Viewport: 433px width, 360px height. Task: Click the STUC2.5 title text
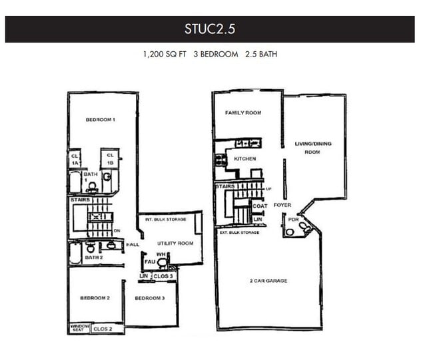click(x=210, y=29)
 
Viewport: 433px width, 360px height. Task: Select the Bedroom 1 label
click(x=101, y=120)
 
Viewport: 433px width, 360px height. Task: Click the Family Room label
click(x=242, y=113)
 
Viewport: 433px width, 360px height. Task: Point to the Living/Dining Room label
click(x=312, y=148)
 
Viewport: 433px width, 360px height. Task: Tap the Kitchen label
click(x=244, y=158)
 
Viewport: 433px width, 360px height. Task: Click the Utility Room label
click(x=176, y=244)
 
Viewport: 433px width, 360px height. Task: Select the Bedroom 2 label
click(x=95, y=298)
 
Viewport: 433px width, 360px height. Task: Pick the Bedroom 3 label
click(x=149, y=298)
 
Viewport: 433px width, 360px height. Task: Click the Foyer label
click(x=282, y=206)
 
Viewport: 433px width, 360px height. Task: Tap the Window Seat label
click(x=79, y=328)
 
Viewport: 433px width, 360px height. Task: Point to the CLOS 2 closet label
click(x=103, y=329)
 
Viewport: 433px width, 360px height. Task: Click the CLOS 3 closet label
click(x=164, y=276)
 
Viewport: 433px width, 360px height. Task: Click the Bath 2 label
click(x=93, y=257)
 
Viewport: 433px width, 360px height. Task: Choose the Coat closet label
click(x=260, y=206)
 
